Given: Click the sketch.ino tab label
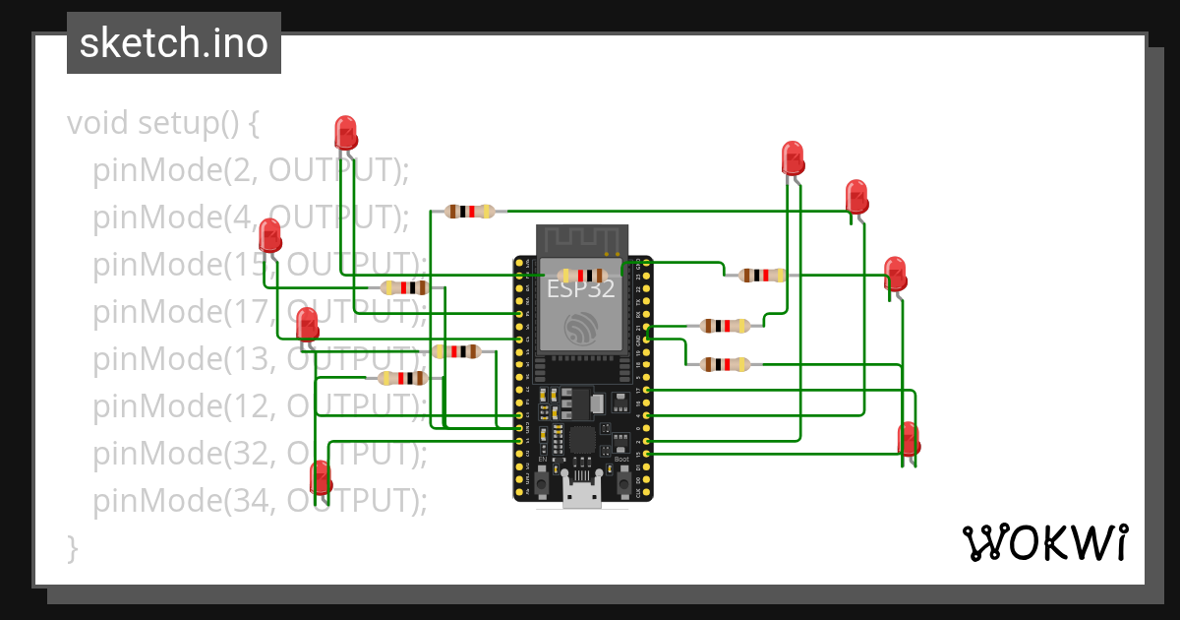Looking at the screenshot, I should tap(173, 43).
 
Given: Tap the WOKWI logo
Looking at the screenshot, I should tap(1043, 543).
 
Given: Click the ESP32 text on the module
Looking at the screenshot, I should tap(580, 289).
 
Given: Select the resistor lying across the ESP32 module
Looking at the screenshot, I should tap(580, 276).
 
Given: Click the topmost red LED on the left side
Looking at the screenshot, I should tap(345, 133).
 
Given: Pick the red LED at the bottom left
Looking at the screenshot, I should tap(321, 477).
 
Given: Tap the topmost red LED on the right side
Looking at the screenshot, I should tap(792, 157).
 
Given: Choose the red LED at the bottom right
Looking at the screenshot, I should tap(909, 439).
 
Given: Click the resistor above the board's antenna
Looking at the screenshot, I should tap(469, 211).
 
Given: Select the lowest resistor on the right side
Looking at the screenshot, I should tap(725, 364).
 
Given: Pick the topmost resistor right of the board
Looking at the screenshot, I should tap(762, 275).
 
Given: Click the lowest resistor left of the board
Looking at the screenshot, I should tap(402, 378).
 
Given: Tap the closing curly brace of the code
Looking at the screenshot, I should tap(72, 547).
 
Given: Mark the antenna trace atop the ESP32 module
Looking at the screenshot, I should tap(581, 238).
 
